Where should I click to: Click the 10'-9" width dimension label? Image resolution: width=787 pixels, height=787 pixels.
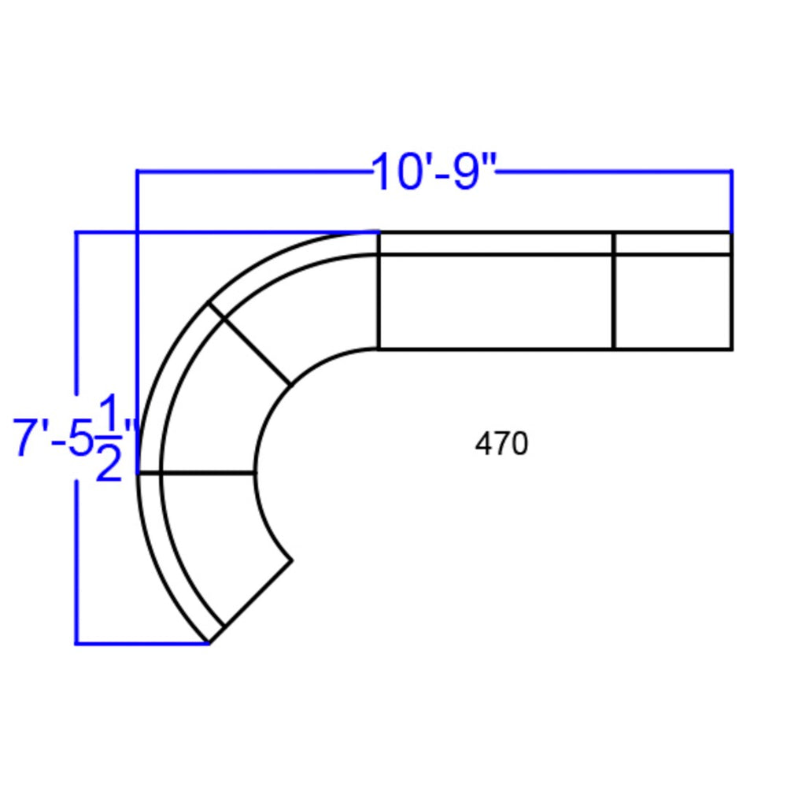[x=434, y=172]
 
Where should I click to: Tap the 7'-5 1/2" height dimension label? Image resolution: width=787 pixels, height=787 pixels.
[x=74, y=438]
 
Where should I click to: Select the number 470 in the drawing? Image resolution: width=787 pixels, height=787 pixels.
[x=501, y=444]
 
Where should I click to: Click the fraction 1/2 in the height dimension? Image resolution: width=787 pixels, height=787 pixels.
[x=109, y=438]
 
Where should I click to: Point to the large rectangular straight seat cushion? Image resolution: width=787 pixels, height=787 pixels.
[x=496, y=301]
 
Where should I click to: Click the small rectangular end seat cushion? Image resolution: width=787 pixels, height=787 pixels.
[x=673, y=301]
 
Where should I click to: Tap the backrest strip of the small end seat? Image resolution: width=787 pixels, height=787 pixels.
[x=673, y=244]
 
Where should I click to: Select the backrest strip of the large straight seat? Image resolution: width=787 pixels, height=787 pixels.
[x=496, y=244]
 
